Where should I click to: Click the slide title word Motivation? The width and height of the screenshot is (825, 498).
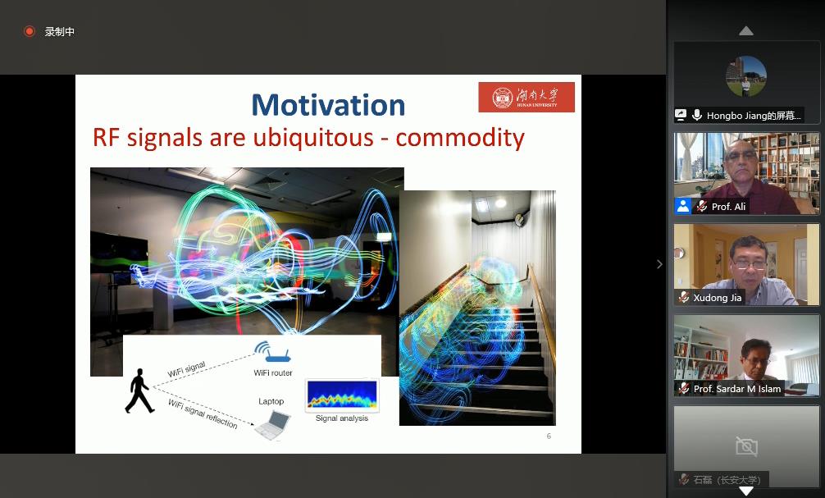[x=328, y=105]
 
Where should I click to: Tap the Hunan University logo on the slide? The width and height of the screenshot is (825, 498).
[x=526, y=98]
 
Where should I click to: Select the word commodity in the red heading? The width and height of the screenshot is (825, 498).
[x=459, y=137]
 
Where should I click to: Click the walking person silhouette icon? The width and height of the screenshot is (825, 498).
[x=139, y=390]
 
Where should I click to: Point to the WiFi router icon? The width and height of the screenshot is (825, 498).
[x=272, y=354]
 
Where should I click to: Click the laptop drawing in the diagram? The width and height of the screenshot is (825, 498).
[x=272, y=424]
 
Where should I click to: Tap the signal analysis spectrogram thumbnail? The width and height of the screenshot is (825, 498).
[x=342, y=395]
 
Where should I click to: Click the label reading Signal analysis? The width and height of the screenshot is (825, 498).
[x=342, y=418]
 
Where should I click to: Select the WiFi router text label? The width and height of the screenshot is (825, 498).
[x=272, y=373]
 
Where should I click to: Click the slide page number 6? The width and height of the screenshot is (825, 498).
[x=549, y=436]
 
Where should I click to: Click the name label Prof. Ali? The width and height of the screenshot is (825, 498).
[x=728, y=207]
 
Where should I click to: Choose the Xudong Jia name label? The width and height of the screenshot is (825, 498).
[x=717, y=298]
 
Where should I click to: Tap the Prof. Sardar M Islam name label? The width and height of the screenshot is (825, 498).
[x=737, y=389]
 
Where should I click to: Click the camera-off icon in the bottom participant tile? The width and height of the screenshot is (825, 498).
[x=746, y=446]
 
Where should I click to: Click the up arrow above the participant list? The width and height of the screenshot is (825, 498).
[x=746, y=31]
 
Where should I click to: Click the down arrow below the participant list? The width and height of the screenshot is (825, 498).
[x=746, y=491]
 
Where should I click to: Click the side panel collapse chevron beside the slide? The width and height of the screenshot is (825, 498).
[x=659, y=264]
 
